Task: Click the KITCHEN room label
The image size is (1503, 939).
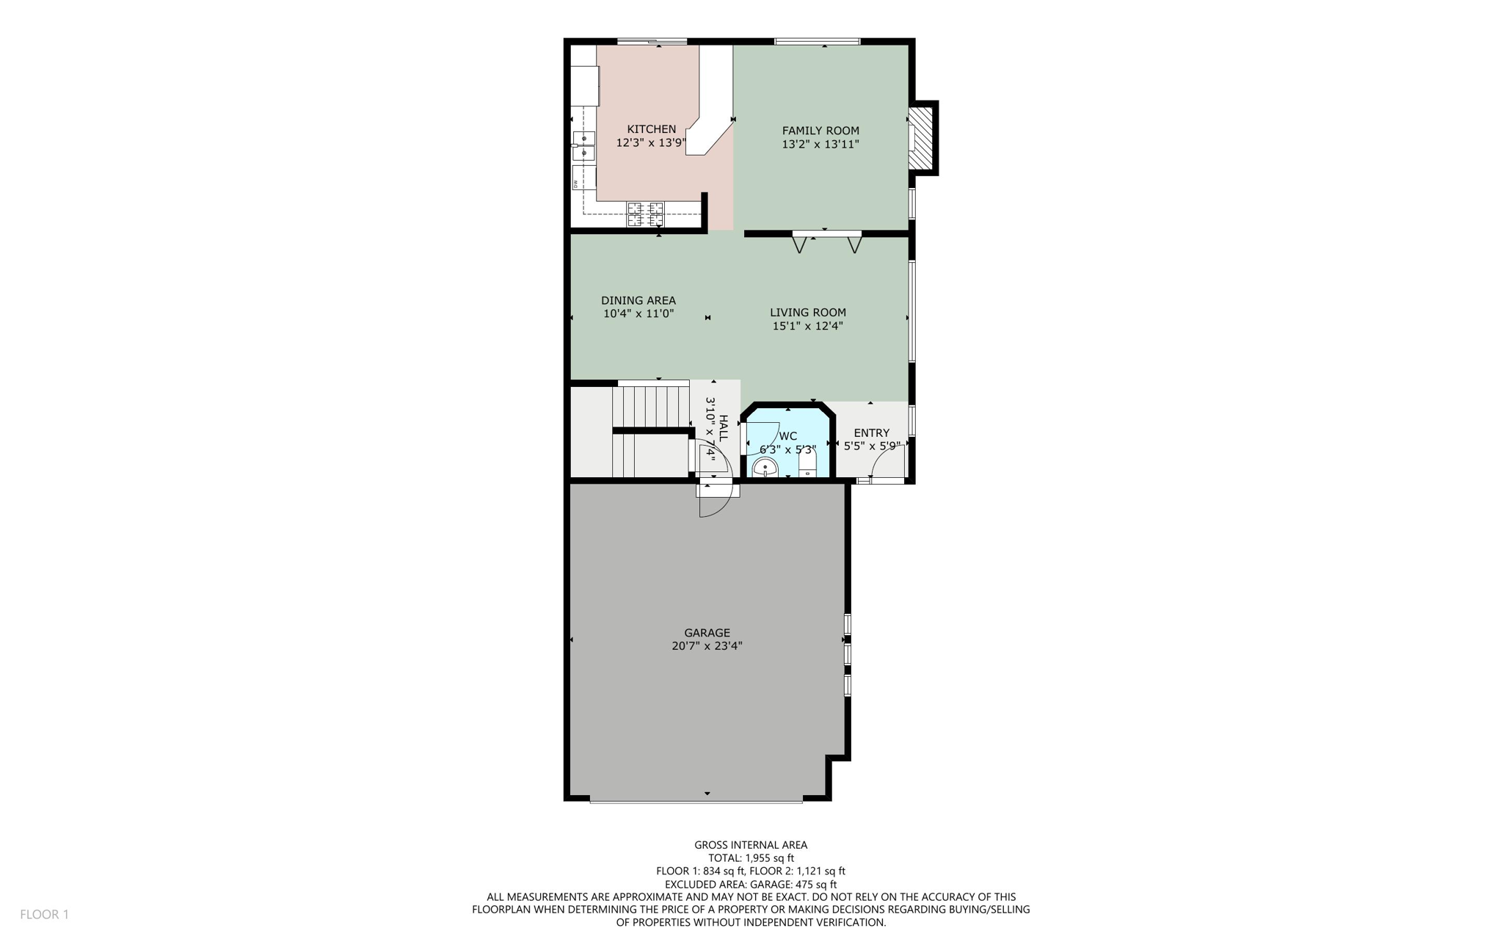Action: click(651, 129)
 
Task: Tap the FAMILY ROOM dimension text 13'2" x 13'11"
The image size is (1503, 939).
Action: click(820, 145)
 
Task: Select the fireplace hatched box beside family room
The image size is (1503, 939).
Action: click(920, 139)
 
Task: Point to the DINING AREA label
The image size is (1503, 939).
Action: click(638, 300)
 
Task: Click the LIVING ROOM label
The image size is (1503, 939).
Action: click(807, 312)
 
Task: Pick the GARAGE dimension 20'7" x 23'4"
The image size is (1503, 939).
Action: click(707, 646)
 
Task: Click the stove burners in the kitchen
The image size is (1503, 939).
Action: click(645, 214)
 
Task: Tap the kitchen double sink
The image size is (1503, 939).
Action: click(583, 145)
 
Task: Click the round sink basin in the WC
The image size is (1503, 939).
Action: click(765, 467)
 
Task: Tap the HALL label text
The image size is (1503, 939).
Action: click(724, 428)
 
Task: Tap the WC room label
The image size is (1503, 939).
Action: click(787, 436)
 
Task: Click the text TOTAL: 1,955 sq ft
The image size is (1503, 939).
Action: click(751, 858)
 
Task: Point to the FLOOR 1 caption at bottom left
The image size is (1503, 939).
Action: click(44, 914)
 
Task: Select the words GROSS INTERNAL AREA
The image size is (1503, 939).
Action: click(751, 845)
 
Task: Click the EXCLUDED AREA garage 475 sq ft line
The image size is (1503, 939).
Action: click(751, 884)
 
